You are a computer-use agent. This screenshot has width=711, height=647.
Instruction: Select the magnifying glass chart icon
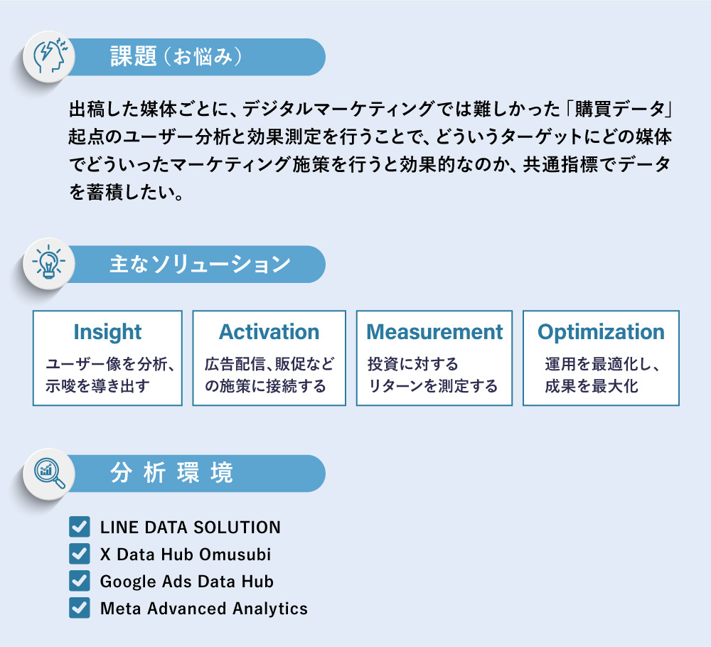click(x=50, y=474)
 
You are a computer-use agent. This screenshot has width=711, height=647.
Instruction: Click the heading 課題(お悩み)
click(x=176, y=57)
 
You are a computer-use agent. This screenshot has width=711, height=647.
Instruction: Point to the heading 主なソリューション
click(x=200, y=264)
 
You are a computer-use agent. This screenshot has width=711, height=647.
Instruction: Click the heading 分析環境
click(x=172, y=473)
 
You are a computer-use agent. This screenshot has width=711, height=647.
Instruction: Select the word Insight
click(x=107, y=332)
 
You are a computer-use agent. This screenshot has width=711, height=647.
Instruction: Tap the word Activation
click(x=269, y=332)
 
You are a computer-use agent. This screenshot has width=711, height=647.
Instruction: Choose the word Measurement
click(x=434, y=332)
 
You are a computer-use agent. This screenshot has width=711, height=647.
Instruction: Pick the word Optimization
click(x=601, y=332)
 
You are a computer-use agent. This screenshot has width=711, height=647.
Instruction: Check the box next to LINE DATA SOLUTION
click(x=80, y=526)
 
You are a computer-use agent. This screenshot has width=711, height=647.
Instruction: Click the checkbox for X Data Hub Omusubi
click(x=80, y=554)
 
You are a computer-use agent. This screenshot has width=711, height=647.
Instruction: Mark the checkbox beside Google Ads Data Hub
click(x=80, y=581)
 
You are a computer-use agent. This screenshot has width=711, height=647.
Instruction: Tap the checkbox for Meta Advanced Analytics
click(x=80, y=608)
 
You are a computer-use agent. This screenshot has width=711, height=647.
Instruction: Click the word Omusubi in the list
click(x=235, y=554)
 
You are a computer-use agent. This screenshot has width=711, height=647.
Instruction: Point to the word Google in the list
click(x=129, y=582)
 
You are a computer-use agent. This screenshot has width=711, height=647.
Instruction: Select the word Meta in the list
click(x=121, y=609)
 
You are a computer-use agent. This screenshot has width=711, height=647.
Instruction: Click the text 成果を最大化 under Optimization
click(x=592, y=386)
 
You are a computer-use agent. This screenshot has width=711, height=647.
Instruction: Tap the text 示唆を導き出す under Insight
click(x=97, y=386)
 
